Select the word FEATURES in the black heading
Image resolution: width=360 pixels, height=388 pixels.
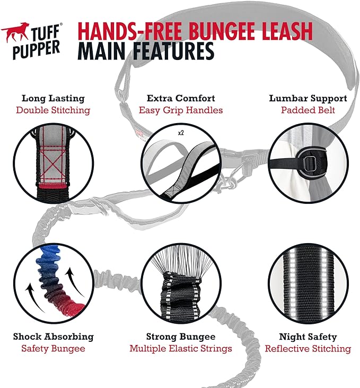pyautogui.click(x=168, y=52)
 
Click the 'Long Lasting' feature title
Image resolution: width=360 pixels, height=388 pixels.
pyautogui.click(x=53, y=98)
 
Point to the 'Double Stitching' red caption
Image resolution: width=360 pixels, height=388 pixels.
pyautogui.click(x=53, y=110)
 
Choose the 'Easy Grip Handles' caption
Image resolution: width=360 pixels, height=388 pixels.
pyautogui.click(x=181, y=110)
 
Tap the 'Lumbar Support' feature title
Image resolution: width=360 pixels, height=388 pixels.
pyautogui.click(x=308, y=98)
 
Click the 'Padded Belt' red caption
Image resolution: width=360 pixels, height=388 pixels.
pyautogui.click(x=308, y=110)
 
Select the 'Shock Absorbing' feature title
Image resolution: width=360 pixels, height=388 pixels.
pyautogui.click(x=54, y=337)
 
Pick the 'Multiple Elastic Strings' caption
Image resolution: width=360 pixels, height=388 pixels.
pyautogui.click(x=181, y=349)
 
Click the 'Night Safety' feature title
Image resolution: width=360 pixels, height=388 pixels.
pyautogui.click(x=308, y=337)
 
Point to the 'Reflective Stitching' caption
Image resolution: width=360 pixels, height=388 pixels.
pyautogui.click(x=308, y=349)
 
